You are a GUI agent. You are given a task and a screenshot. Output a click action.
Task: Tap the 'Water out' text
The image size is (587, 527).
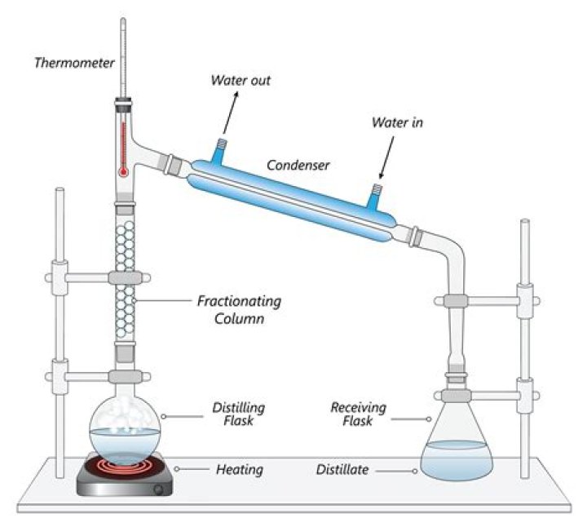[241, 80]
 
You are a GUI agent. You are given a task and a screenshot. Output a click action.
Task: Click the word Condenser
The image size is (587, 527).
[298, 165]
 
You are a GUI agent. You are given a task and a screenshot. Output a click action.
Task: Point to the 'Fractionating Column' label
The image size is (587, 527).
[239, 310]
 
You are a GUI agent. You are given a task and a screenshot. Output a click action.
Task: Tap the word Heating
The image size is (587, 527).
[240, 470]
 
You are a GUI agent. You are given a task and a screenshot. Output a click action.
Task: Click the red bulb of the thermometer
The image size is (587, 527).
[122, 172]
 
